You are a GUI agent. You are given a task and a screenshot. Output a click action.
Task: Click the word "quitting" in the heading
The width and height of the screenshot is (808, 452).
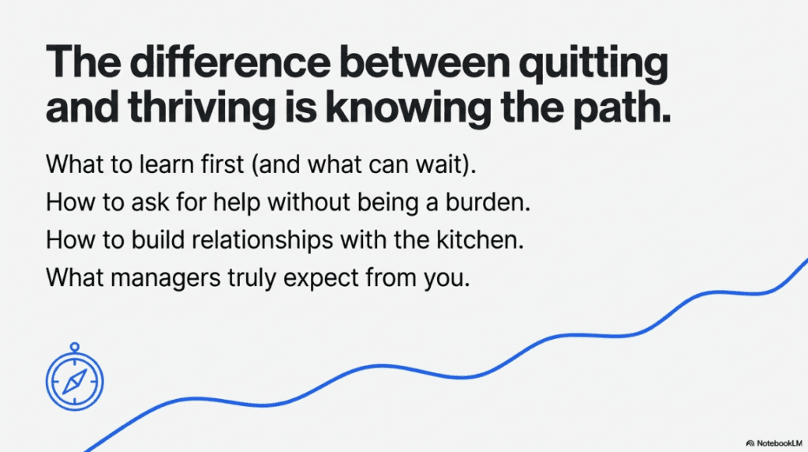(593, 65)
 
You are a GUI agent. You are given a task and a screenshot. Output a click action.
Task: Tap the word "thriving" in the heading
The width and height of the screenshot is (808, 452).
(201, 108)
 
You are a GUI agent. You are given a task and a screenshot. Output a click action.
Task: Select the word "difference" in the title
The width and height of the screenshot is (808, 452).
(230, 62)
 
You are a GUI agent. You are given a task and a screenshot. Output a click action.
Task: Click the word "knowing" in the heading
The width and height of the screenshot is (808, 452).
(408, 108)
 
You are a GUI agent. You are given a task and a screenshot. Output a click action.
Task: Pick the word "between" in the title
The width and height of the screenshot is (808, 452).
(425, 62)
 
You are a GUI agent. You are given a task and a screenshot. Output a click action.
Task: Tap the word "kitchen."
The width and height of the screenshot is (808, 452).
(481, 239)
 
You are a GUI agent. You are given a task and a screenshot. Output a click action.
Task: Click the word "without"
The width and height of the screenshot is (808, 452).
(309, 202)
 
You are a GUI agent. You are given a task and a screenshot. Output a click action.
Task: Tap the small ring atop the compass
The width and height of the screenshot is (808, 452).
(75, 347)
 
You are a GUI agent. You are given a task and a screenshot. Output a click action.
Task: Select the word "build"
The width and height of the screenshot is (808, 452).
(158, 239)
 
